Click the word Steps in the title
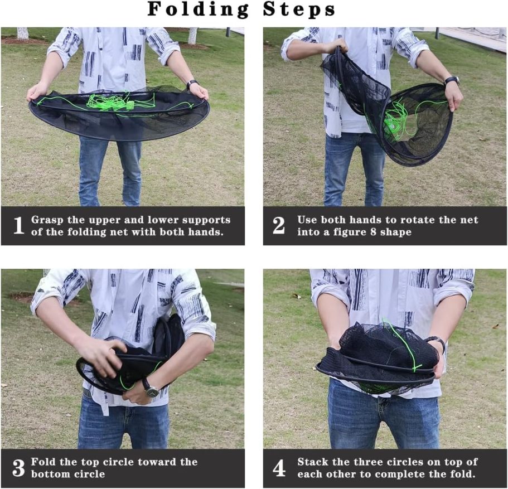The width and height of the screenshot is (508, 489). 299,9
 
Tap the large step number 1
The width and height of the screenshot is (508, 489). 18,225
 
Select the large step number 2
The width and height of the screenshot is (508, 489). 279,225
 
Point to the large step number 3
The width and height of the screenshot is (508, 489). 18,468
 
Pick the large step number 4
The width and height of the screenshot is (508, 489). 279,468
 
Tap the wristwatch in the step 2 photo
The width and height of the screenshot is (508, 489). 452,81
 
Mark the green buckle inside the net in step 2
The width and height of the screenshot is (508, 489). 391,125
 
